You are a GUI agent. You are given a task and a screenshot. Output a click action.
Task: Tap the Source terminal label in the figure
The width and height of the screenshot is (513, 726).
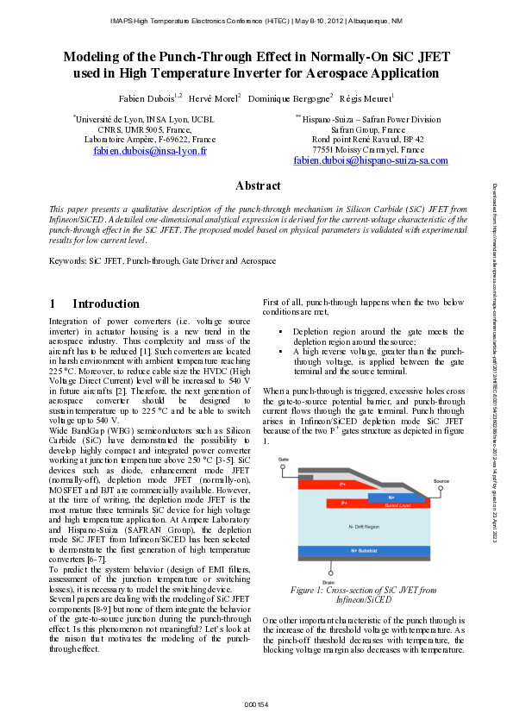click(x=441, y=480)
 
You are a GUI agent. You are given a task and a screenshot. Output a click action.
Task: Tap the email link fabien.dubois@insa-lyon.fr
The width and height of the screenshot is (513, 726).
click(x=150, y=151)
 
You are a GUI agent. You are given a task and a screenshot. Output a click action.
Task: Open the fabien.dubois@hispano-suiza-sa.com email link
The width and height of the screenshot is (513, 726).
click(x=371, y=161)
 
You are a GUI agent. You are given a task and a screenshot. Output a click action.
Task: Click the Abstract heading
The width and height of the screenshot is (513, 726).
click(x=258, y=186)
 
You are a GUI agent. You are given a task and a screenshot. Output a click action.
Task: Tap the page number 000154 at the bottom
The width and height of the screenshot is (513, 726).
click(x=256, y=705)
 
